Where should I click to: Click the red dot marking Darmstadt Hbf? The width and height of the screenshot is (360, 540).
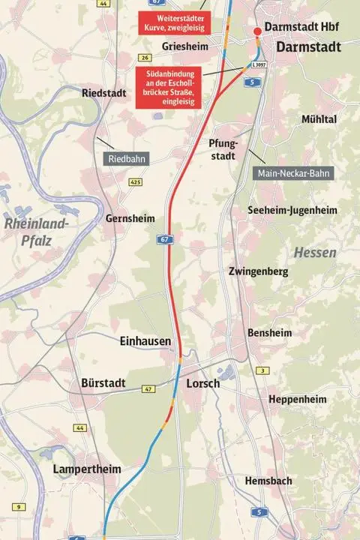pyautogui.click(x=257, y=31)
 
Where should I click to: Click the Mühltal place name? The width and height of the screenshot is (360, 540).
pyautogui.click(x=319, y=119)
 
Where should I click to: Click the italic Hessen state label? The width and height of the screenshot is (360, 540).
pyautogui.click(x=315, y=253)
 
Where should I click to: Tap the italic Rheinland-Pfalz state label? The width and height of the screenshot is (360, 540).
pyautogui.click(x=35, y=230)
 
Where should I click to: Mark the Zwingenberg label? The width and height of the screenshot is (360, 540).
pyautogui.click(x=258, y=271)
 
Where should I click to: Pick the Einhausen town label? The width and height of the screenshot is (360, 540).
pyautogui.click(x=145, y=341)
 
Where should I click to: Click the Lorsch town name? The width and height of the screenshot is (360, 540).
pyautogui.click(x=202, y=383)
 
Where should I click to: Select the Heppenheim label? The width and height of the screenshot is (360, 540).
pyautogui.click(x=297, y=399)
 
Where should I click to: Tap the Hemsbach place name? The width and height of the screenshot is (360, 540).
pyautogui.click(x=268, y=480)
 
